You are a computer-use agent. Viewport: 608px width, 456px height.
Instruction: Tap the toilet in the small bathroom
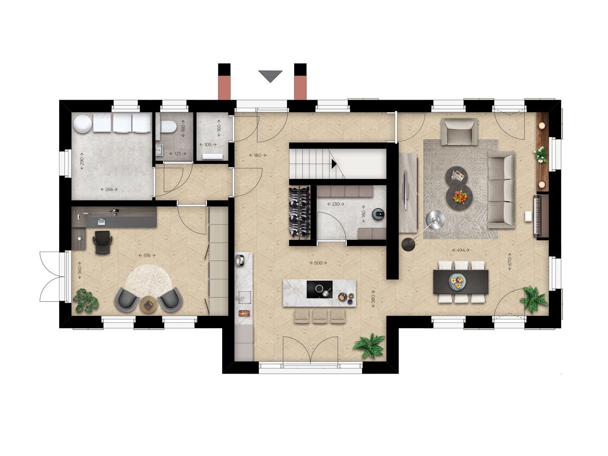pyautogui.click(x=168, y=126)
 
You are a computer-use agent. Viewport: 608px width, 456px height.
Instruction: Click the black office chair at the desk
pyautogui.click(x=103, y=242)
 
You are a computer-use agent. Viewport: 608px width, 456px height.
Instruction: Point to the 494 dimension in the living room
pyautogui.click(x=461, y=250)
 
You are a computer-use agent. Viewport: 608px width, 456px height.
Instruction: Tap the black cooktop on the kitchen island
pyautogui.click(x=319, y=290)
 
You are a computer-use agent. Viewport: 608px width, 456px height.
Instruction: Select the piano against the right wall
pyautogui.click(x=541, y=215)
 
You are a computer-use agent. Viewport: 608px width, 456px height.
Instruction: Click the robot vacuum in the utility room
pyautogui.click(x=378, y=214)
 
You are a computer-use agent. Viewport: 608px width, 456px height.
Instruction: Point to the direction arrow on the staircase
pyautogui.click(x=334, y=163)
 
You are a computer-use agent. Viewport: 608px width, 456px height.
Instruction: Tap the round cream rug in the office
pyautogui.click(x=148, y=281)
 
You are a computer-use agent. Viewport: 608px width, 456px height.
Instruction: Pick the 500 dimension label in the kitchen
pyautogui.click(x=318, y=263)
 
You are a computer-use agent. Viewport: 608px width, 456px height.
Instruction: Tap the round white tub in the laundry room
pyautogui.click(x=82, y=123)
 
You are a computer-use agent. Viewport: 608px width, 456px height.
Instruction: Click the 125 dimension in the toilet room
pyautogui.click(x=178, y=154)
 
